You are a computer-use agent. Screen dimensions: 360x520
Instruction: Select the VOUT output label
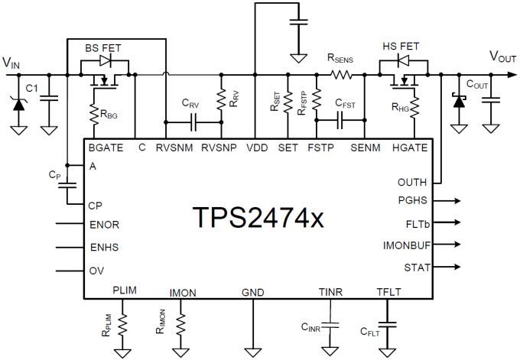click(x=504, y=56)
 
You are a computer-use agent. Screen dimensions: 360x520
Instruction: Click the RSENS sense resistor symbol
click(x=340, y=75)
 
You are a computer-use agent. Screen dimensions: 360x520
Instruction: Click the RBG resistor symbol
click(x=91, y=114)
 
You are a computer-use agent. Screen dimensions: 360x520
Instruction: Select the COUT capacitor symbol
click(x=491, y=99)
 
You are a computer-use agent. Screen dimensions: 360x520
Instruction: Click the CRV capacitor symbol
click(x=194, y=121)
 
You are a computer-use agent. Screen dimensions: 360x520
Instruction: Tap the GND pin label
click(x=252, y=292)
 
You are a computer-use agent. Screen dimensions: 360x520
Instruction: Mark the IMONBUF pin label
click(x=408, y=245)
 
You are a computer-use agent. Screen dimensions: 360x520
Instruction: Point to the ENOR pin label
click(x=105, y=225)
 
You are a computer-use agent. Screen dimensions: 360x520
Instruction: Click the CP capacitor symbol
click(x=68, y=183)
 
